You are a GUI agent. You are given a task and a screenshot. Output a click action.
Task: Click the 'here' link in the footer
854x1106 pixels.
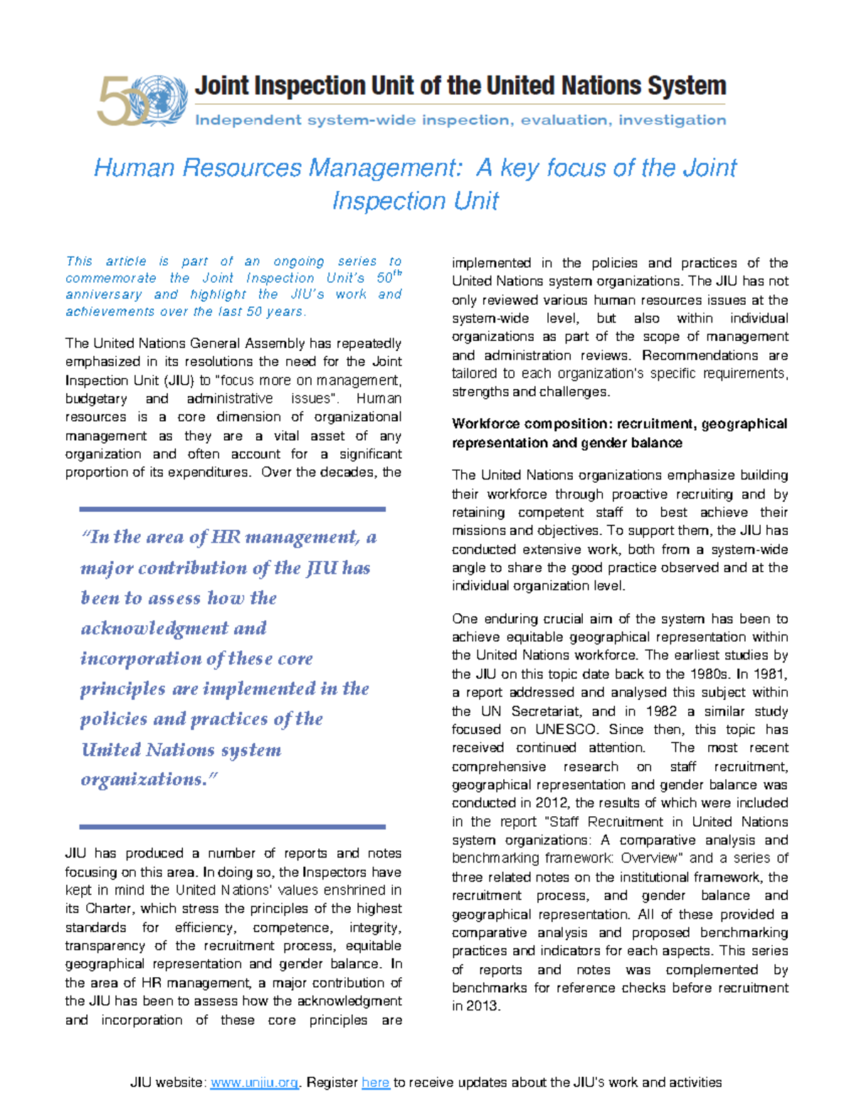pos(375,1082)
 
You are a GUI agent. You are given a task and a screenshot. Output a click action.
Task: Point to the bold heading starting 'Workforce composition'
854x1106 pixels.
pos(619,433)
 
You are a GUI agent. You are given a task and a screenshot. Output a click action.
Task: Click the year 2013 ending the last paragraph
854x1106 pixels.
pos(483,1006)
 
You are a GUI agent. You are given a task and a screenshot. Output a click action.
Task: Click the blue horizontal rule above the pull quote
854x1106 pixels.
pos(232,509)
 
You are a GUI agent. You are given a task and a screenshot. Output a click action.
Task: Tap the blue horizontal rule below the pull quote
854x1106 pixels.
pos(232,827)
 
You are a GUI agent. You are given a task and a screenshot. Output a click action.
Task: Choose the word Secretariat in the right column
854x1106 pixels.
pos(547,711)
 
